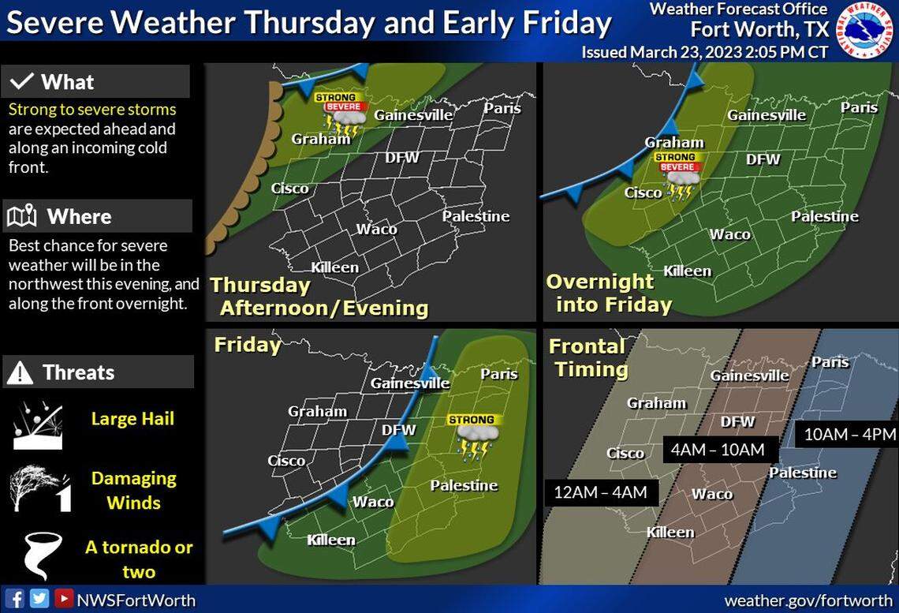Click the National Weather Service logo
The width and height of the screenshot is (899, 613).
(865, 31)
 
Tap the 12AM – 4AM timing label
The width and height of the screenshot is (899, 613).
(600, 492)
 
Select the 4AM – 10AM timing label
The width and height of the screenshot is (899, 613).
(718, 450)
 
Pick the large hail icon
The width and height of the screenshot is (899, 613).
(37, 424)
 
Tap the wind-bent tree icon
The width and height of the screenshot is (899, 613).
(39, 489)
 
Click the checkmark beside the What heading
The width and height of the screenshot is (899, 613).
(23, 82)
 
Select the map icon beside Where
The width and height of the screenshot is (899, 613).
(22, 216)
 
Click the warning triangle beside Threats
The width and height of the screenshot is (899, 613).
(21, 372)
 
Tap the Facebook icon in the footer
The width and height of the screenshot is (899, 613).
(16, 599)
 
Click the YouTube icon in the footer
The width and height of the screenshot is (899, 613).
(64, 599)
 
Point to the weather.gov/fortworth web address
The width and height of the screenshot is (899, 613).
(808, 600)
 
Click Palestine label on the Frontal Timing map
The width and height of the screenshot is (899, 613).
(803, 473)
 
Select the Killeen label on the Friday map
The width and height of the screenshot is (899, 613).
(331, 540)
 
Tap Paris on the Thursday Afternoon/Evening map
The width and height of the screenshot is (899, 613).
(502, 108)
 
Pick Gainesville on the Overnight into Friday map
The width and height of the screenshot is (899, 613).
(767, 115)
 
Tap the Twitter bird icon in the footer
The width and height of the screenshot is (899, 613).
(39, 599)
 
